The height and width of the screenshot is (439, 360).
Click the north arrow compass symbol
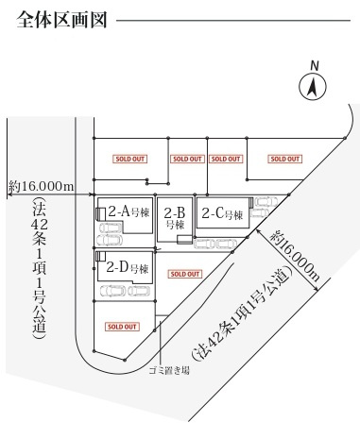pyautogui.click(x=314, y=88)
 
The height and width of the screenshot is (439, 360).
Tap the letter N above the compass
pyautogui.click(x=315, y=65)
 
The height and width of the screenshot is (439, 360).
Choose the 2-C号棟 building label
pyautogui.click(x=223, y=214)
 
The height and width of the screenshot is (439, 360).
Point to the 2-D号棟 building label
pyautogui.click(x=127, y=267)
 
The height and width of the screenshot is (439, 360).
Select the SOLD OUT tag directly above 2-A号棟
pyautogui.click(x=129, y=159)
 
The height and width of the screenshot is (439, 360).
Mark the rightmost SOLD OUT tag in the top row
pyautogui.click(x=285, y=159)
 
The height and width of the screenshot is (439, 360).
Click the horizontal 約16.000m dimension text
pyautogui.click(x=41, y=187)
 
